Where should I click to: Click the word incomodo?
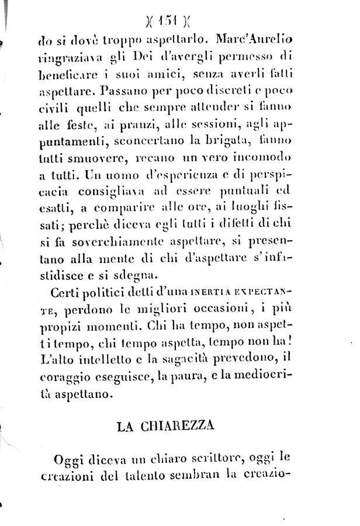(260, 157)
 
